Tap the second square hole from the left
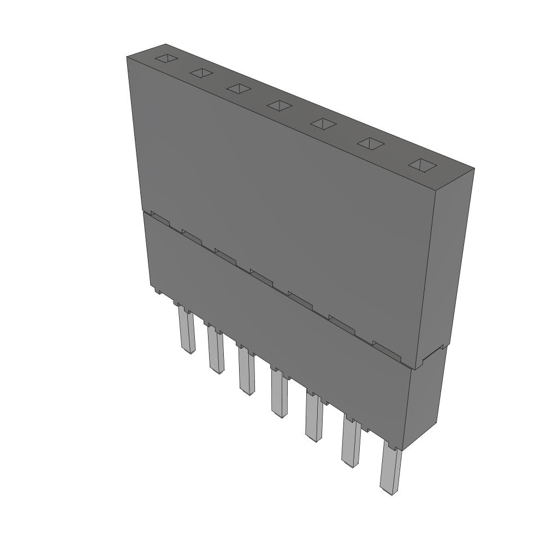[201, 73]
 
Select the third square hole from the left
[239, 88]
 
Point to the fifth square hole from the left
[323, 123]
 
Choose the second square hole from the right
[371, 143]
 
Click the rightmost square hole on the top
[423, 165]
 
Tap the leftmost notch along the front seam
[160, 219]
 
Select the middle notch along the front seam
[261, 276]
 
